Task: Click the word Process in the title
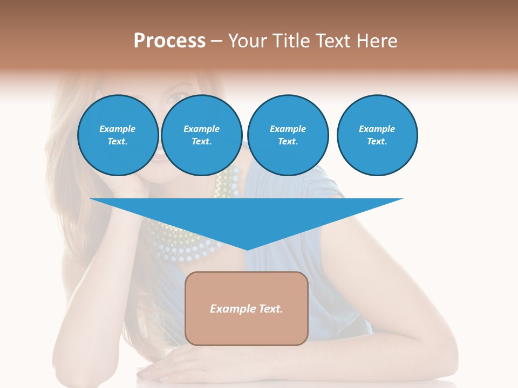pyautogui.click(x=169, y=41)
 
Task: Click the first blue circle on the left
pyautogui.click(x=118, y=135)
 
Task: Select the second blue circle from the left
pyautogui.click(x=202, y=135)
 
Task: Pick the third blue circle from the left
pyautogui.click(x=288, y=135)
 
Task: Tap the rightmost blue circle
pyautogui.click(x=377, y=135)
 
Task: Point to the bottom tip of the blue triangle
pyautogui.click(x=247, y=249)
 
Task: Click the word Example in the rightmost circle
pyautogui.click(x=377, y=129)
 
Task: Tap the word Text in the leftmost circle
pyautogui.click(x=118, y=142)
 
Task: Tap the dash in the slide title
pyautogui.click(x=217, y=41)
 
